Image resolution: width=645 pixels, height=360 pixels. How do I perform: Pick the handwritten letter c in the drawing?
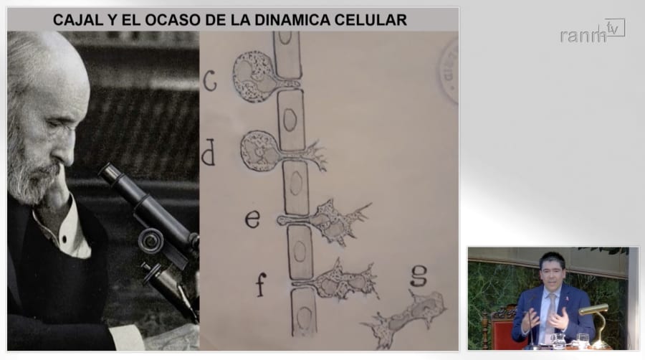pos(209,80)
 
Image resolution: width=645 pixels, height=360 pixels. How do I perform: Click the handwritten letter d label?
pos(209,152)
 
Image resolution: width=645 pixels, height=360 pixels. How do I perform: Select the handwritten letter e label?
pos(252,219)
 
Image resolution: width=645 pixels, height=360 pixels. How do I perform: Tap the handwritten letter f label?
pos(261,284)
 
